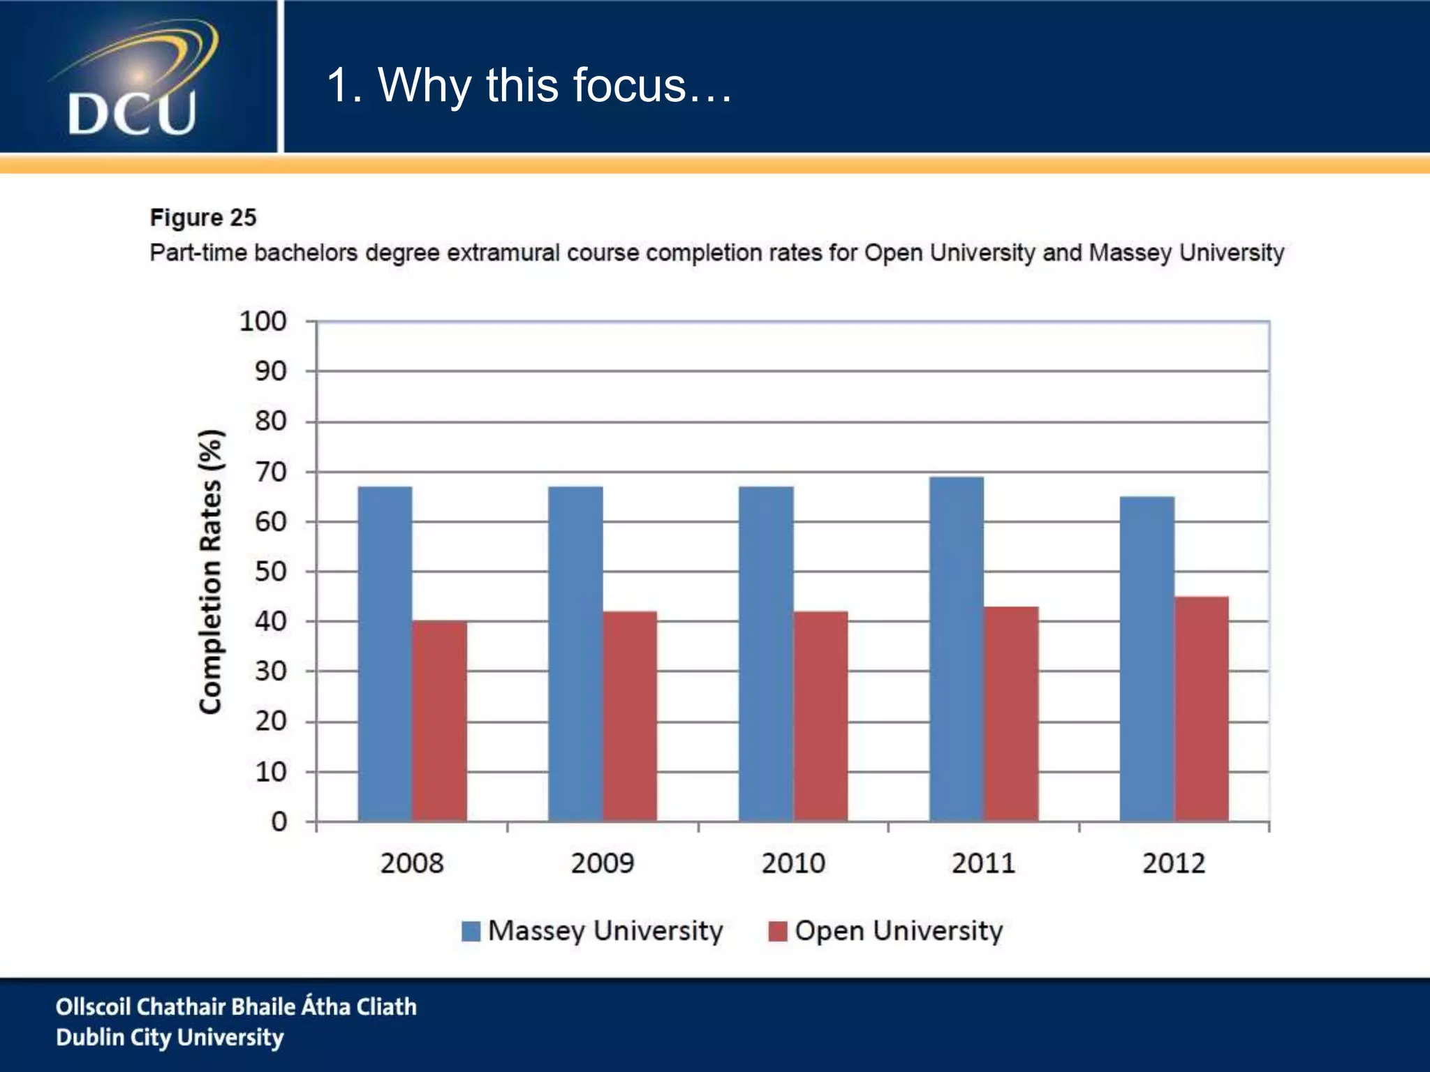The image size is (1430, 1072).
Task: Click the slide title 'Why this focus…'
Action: (529, 85)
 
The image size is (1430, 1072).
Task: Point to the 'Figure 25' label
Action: (203, 218)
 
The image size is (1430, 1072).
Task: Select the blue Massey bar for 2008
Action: (385, 653)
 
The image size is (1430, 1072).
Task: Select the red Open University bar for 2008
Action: (439, 720)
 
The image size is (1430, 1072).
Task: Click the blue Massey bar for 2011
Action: (956, 648)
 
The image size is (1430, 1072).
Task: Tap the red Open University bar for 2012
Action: (1202, 708)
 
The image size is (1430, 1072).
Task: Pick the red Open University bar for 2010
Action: (820, 715)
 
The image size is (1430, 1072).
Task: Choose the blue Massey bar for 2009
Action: (575, 653)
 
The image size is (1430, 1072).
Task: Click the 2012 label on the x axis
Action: (1174, 864)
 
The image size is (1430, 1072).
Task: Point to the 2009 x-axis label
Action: (603, 864)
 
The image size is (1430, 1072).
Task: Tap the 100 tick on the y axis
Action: (263, 322)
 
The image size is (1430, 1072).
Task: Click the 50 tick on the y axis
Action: (270, 572)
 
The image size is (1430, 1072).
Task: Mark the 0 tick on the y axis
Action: (279, 821)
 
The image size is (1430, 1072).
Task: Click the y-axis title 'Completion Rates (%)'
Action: (210, 572)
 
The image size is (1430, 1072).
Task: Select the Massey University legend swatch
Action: (471, 932)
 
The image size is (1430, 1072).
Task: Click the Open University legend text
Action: (899, 931)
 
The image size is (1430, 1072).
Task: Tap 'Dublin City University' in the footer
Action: (170, 1038)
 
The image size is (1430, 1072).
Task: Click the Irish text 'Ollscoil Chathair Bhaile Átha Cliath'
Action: (236, 1006)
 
